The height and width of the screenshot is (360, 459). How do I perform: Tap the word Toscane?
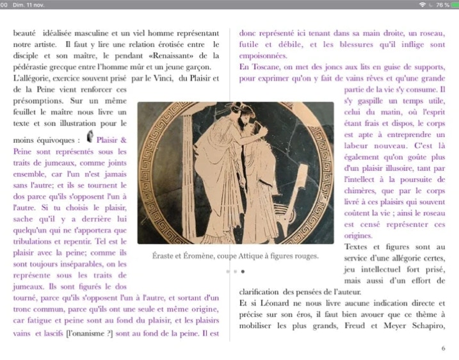(264, 67)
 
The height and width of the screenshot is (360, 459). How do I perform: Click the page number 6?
(443, 348)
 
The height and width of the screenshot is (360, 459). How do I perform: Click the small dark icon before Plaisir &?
(90, 136)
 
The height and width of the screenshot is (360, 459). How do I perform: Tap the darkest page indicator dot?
(243, 272)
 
